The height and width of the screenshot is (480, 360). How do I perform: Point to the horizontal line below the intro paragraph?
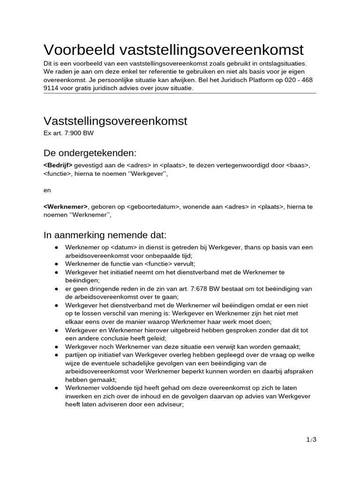click(180, 93)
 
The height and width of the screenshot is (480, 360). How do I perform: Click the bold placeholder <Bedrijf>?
click(58, 165)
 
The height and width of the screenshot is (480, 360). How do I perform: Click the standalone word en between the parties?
click(46, 190)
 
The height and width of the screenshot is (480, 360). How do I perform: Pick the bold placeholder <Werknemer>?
click(65, 207)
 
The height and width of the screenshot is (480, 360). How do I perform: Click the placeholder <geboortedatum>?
click(146, 207)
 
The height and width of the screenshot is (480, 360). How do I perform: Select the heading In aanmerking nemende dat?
click(105, 234)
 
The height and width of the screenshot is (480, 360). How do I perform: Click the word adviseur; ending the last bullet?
click(167, 405)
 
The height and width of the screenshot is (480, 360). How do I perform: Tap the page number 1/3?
click(312, 439)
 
